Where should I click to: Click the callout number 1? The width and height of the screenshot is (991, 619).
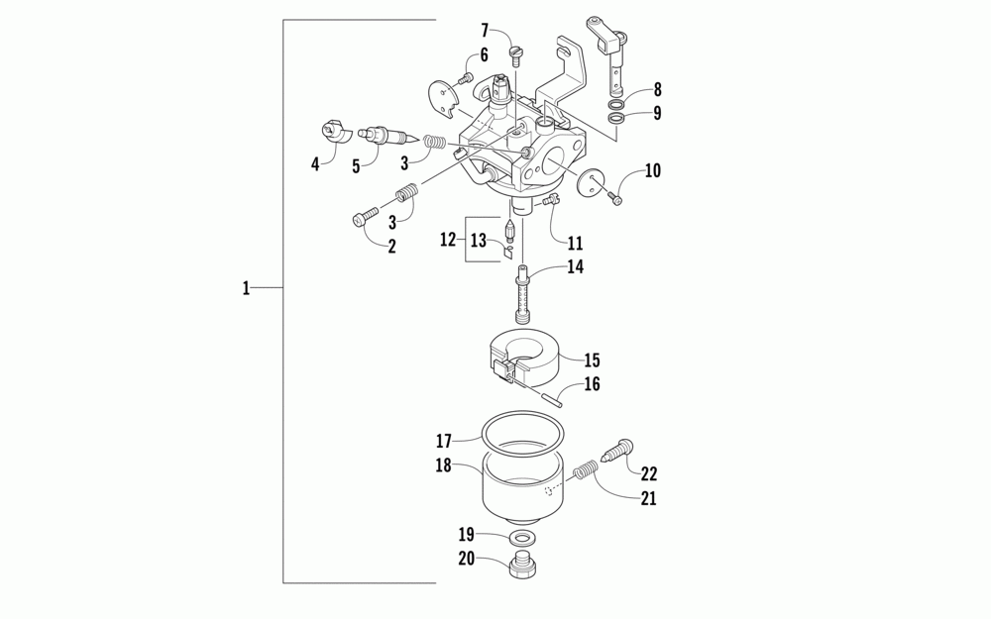(246, 288)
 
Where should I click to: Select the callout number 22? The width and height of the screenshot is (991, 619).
(650, 474)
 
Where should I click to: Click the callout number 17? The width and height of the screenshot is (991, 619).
(443, 440)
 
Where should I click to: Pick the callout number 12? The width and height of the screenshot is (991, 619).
(448, 240)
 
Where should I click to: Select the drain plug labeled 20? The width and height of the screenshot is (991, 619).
(523, 567)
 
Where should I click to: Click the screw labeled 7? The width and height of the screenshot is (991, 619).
(515, 50)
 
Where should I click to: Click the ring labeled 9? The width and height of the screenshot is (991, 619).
(616, 119)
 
